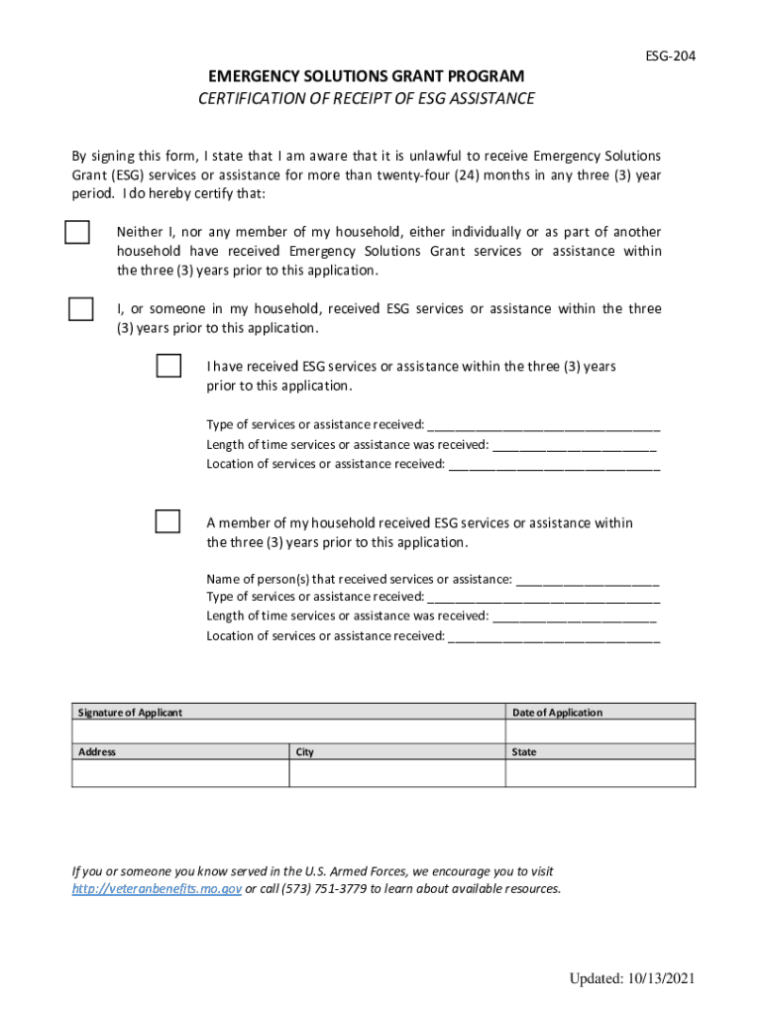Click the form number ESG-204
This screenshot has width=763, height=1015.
click(x=670, y=56)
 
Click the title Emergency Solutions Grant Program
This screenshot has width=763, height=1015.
click(x=366, y=76)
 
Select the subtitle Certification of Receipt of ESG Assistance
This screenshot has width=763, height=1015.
click(x=366, y=98)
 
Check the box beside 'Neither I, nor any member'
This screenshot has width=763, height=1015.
click(x=77, y=231)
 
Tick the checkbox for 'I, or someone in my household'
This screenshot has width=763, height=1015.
click(x=80, y=309)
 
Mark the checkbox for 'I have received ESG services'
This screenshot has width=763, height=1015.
click(x=168, y=366)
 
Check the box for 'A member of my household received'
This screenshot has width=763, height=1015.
click(x=168, y=521)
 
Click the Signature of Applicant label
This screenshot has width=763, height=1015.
click(x=130, y=713)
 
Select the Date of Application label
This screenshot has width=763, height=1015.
click(x=557, y=713)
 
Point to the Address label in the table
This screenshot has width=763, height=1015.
click(x=97, y=752)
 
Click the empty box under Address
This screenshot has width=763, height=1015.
click(x=180, y=773)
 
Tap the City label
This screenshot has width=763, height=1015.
click(x=305, y=752)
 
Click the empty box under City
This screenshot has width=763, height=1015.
click(x=396, y=773)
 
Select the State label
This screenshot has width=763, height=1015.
click(x=524, y=752)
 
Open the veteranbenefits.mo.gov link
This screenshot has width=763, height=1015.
click(x=157, y=889)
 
